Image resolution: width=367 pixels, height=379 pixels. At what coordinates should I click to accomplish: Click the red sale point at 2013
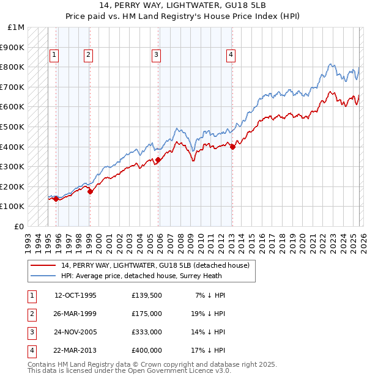232,147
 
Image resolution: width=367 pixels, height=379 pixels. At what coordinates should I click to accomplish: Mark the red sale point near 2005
158,160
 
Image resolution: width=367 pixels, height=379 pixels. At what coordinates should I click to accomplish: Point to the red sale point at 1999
90,191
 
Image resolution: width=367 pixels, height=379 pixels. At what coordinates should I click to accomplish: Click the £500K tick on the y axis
12,127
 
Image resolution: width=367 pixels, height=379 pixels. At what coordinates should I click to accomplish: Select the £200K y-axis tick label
12,186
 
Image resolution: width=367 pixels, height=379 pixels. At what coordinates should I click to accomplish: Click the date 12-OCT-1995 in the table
75,295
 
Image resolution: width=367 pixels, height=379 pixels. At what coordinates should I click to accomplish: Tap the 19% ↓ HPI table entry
208,314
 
